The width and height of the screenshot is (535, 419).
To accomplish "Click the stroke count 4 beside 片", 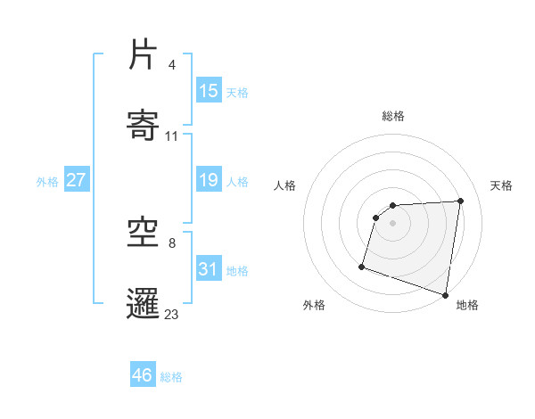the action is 171,65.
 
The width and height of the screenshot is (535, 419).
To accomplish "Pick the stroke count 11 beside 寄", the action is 172,136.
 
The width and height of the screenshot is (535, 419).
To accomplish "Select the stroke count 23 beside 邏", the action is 172,314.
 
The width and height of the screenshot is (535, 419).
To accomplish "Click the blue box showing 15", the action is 209,91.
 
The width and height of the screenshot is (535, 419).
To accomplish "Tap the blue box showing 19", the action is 209,180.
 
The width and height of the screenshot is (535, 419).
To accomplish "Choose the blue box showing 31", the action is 209,268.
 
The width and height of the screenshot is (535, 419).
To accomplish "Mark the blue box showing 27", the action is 76,180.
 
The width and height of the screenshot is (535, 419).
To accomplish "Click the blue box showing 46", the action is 143,375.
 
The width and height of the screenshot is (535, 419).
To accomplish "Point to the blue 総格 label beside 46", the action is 172,377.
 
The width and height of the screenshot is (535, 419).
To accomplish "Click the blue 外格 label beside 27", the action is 47,182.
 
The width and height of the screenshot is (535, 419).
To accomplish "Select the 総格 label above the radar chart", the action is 393,116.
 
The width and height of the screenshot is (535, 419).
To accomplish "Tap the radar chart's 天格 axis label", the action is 502,185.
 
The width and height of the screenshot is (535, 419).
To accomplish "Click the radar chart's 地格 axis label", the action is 467,305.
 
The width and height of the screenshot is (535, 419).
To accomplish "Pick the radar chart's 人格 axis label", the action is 284,185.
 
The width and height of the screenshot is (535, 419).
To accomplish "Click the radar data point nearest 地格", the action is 445,294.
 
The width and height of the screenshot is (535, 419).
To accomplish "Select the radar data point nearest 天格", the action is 461,201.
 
